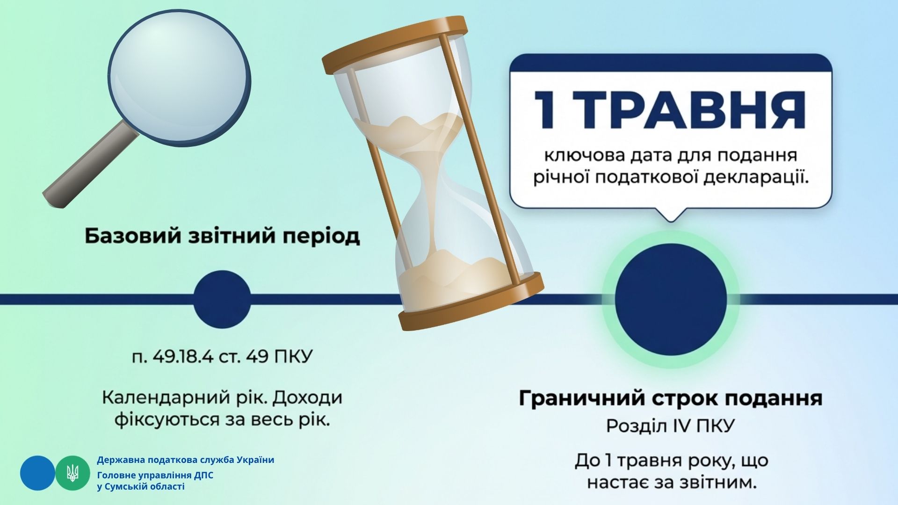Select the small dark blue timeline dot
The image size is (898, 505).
click(x=222, y=299)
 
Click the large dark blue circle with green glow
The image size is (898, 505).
click(x=671, y=299)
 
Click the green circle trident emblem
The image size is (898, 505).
click(x=73, y=473)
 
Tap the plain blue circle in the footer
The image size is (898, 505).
click(x=37, y=473)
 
